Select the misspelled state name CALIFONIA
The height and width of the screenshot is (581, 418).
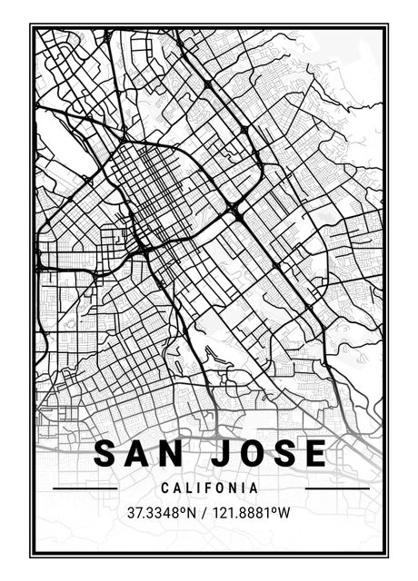tap(210, 488)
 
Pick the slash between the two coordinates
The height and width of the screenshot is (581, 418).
tap(204, 512)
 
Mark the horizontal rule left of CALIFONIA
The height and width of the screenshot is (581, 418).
tap(85, 488)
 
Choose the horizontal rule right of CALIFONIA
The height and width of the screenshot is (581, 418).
tap(337, 488)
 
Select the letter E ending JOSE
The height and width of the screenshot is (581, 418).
tap(314, 453)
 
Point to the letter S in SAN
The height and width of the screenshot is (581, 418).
tap(106, 453)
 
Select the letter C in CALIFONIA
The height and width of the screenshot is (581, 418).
tap(165, 488)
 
